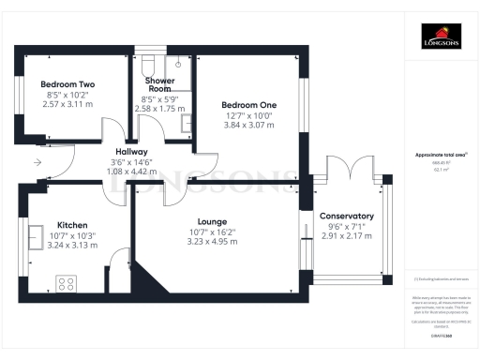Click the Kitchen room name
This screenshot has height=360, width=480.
pyautogui.click(x=72, y=225)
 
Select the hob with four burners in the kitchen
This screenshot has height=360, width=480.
pyautogui.click(x=67, y=280)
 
